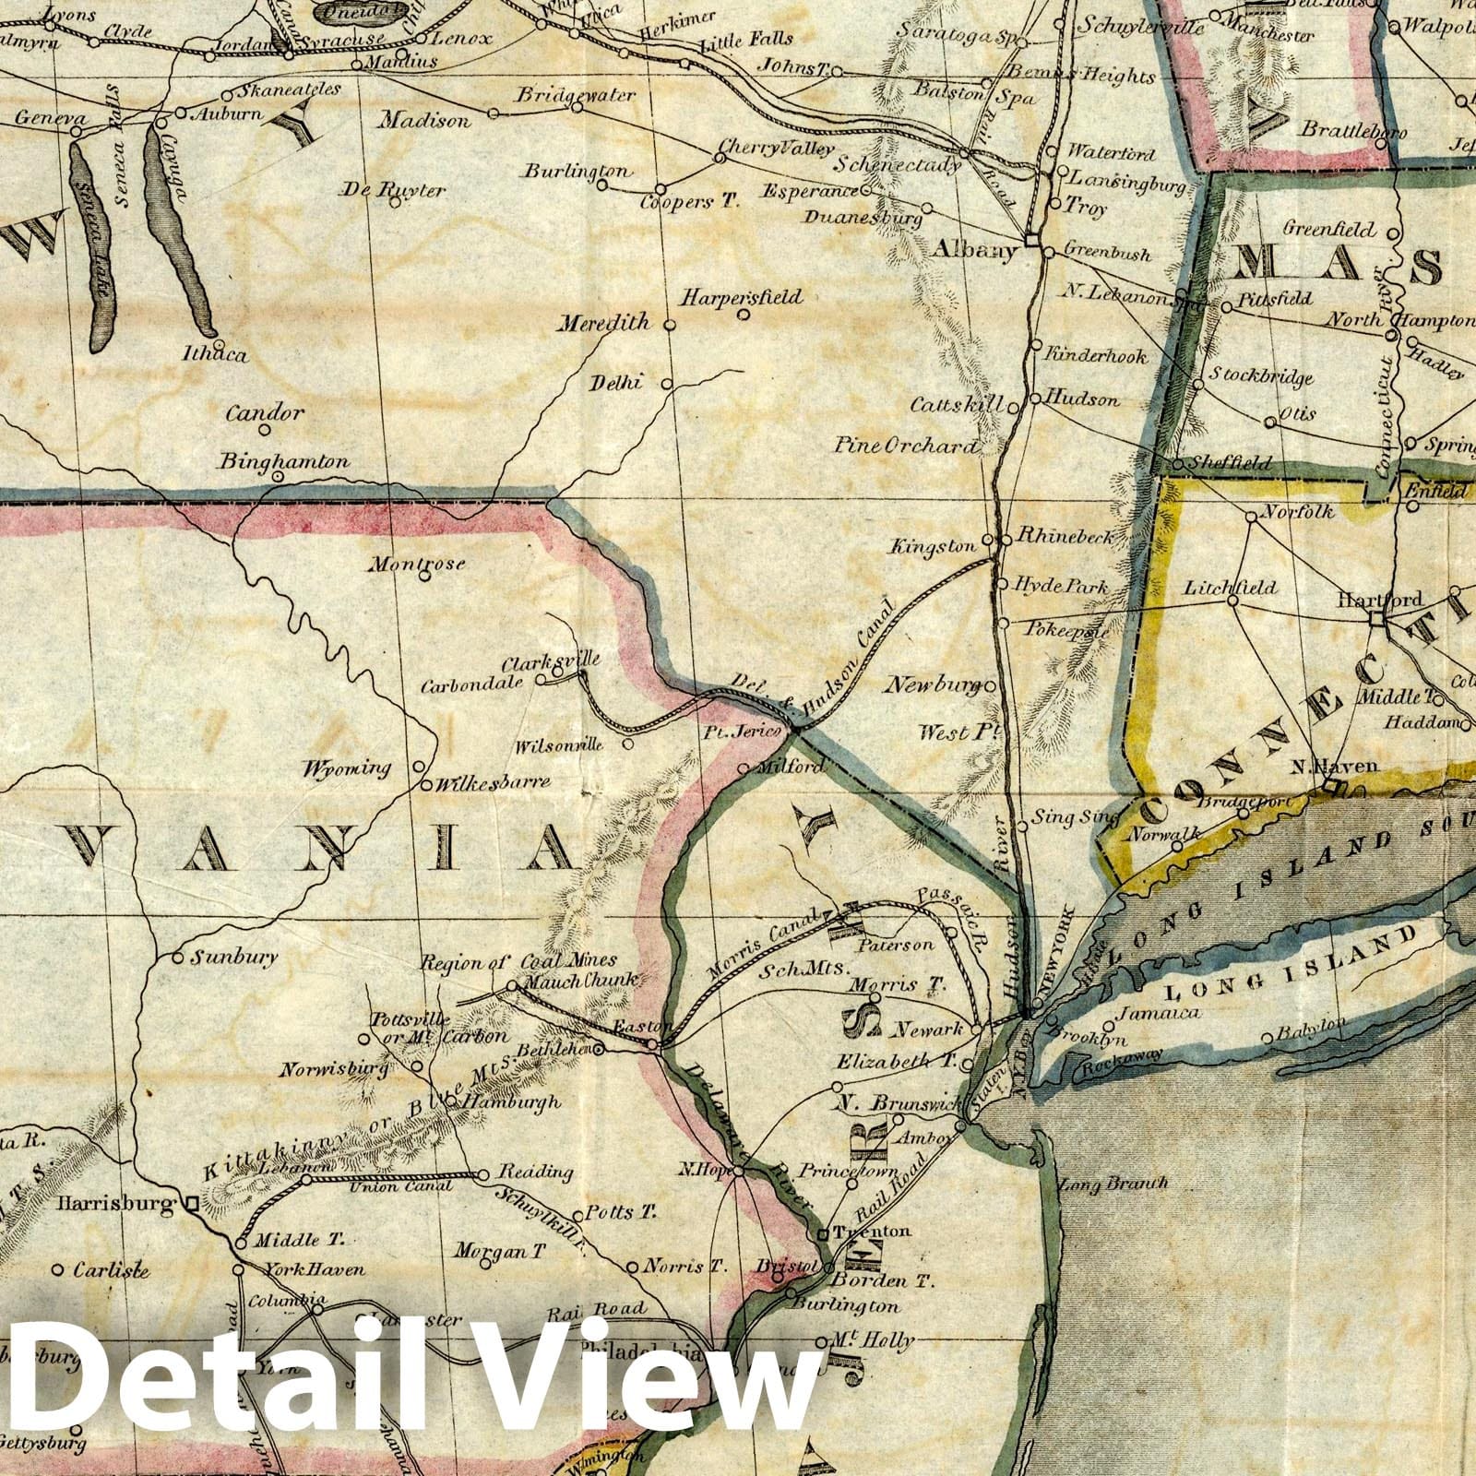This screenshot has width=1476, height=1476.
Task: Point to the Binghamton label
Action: [x=285, y=461]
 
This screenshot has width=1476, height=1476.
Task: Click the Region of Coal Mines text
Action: [x=518, y=962]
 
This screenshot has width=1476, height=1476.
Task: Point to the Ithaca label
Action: [x=215, y=353]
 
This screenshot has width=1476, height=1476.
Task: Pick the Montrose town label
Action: [x=416, y=564]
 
